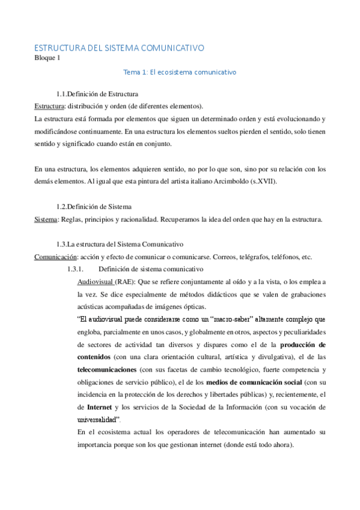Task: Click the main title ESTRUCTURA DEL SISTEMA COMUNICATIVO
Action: [119, 48]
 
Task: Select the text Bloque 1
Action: [47, 58]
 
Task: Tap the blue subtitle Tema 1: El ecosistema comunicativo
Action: [180, 72]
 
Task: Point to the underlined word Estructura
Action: [49, 105]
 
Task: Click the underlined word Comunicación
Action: [53, 257]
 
